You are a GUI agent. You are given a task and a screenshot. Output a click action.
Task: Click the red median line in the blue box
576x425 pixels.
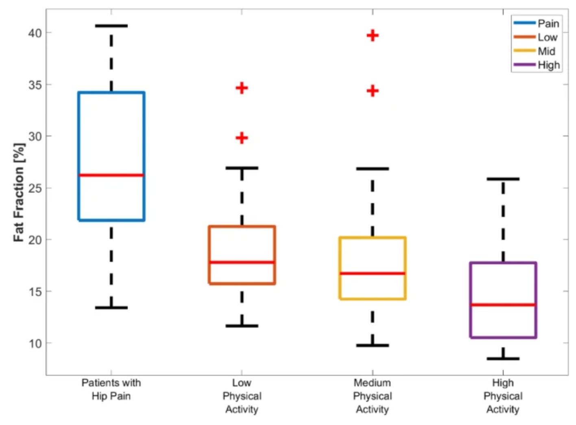(x=111, y=175)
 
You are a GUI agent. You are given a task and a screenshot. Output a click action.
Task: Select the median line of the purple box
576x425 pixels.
(x=503, y=305)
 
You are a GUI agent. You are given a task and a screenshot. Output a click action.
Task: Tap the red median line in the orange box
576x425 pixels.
(x=242, y=262)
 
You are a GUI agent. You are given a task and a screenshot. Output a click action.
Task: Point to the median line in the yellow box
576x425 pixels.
(x=372, y=273)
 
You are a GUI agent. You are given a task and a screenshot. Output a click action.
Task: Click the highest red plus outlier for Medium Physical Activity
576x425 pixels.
(x=372, y=36)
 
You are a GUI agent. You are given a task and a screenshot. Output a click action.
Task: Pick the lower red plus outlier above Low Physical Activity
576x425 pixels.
(x=242, y=138)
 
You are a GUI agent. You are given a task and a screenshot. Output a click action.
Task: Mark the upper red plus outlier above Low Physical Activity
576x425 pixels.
(x=242, y=88)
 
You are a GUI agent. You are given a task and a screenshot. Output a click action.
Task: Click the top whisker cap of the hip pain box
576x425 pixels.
(x=111, y=26)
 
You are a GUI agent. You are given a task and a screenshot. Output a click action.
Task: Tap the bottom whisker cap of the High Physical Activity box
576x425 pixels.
(x=503, y=359)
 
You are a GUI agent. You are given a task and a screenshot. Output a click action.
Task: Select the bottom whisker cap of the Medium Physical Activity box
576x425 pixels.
(x=372, y=345)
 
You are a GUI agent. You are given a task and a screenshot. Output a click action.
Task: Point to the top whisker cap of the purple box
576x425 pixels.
(x=503, y=179)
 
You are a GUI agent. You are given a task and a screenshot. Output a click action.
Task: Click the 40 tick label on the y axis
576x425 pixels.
(x=35, y=33)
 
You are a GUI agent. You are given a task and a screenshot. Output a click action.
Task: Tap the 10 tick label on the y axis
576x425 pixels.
(x=35, y=343)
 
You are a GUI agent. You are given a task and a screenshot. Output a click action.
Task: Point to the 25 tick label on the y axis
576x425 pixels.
(x=35, y=188)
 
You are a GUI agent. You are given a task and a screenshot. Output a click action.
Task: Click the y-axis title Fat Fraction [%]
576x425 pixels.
(x=19, y=192)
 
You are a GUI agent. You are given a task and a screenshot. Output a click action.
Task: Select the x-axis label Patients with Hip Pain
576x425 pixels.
(x=111, y=389)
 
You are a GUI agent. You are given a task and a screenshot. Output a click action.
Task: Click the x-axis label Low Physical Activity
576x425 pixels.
(x=242, y=396)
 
